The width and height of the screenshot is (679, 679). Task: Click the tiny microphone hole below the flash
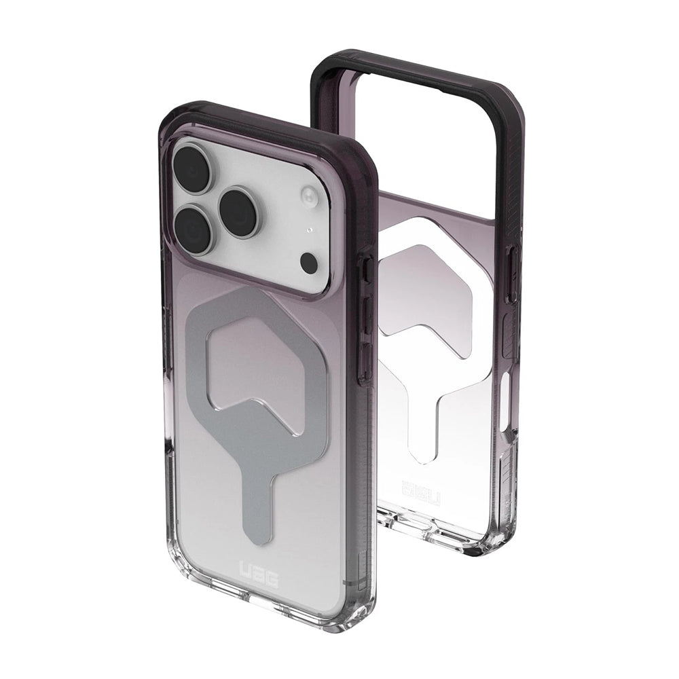(x=310, y=231)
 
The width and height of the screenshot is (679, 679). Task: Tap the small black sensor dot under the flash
(x=309, y=263)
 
